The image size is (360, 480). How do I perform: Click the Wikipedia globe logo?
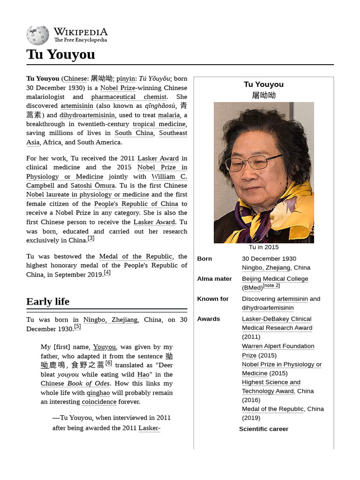point(37,35)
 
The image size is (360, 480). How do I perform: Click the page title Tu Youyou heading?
point(60,54)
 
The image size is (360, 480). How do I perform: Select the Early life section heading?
point(48,301)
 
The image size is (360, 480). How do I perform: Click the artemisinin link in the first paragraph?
point(77,106)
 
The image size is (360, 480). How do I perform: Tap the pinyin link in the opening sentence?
point(126,79)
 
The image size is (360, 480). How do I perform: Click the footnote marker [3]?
point(91,238)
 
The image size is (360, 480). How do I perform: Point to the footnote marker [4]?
point(107,273)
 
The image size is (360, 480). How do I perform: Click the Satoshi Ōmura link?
point(92,186)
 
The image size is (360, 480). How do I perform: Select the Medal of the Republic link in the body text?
point(135,256)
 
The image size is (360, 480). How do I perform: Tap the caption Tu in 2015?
point(263,247)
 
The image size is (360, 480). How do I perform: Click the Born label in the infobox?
point(204,259)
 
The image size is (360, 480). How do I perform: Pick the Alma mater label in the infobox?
point(214,279)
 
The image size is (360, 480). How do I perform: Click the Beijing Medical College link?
point(275,279)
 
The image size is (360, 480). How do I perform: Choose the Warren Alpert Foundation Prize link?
point(277,346)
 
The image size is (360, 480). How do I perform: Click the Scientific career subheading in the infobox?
point(263,429)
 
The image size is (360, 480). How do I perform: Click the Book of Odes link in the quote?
point(89,383)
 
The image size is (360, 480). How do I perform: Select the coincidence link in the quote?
point(99,402)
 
